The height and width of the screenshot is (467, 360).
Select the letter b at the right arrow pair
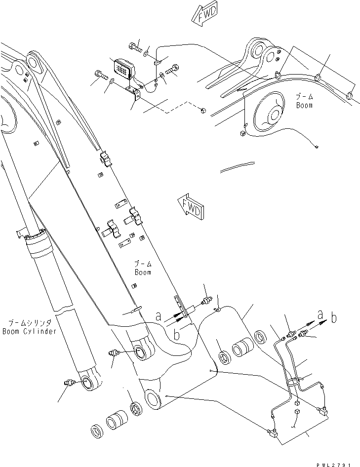(x=334, y=318)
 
